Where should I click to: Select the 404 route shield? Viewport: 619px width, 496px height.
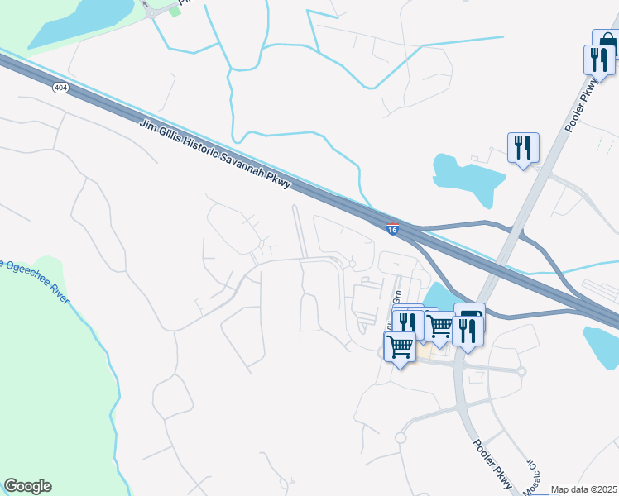click(x=60, y=88)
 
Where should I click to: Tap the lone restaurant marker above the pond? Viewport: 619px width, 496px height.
click(x=523, y=147)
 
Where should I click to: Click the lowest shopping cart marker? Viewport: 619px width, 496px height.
click(x=400, y=347)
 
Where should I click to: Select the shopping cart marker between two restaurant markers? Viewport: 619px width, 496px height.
click(x=439, y=325)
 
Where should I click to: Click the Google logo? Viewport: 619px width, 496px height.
click(x=27, y=486)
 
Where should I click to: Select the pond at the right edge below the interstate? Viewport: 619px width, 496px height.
click(x=600, y=346)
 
